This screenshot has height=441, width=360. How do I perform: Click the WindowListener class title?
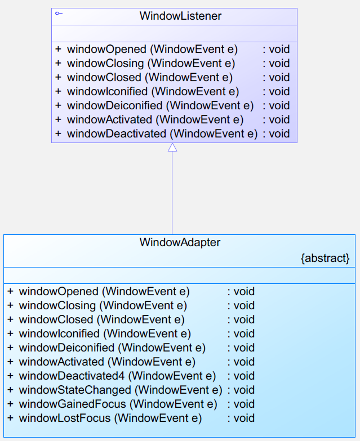click(x=180, y=16)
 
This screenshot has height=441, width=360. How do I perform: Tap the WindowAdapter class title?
click(x=180, y=242)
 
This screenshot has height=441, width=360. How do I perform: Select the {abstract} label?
click(x=325, y=258)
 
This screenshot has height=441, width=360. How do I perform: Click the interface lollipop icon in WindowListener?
click(x=59, y=14)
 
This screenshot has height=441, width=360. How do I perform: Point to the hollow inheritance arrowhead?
click(x=172, y=147)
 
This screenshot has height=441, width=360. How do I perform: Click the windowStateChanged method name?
click(x=75, y=390)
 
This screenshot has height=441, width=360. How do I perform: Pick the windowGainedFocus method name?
click(x=73, y=404)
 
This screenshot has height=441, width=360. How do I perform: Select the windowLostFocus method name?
click(x=65, y=418)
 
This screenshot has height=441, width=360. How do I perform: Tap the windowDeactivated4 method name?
click(x=72, y=376)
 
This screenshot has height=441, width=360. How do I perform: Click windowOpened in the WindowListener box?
click(x=106, y=49)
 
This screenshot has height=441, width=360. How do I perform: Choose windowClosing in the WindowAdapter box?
click(x=57, y=305)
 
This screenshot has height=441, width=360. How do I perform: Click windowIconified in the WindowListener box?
click(x=108, y=91)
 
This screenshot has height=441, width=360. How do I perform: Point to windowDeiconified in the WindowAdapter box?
click(x=66, y=348)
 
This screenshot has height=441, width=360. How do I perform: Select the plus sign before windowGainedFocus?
click(x=10, y=404)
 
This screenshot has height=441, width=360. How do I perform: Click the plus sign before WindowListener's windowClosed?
click(x=58, y=77)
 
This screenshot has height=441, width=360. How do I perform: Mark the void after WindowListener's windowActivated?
click(x=279, y=119)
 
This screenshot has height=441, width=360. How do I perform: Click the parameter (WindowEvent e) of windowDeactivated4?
click(x=172, y=376)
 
